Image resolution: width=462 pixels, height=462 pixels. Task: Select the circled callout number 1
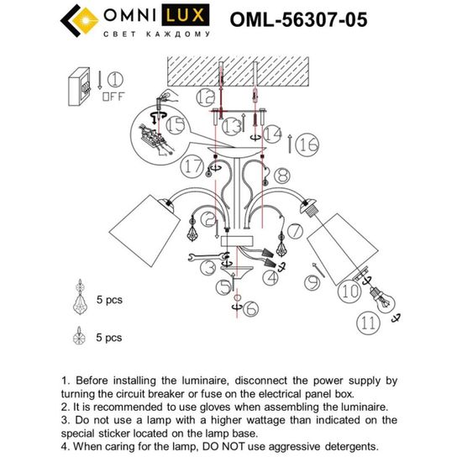[115, 81]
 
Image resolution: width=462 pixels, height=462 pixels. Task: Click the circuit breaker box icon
[82, 86]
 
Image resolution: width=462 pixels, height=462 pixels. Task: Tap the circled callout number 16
[307, 144]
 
